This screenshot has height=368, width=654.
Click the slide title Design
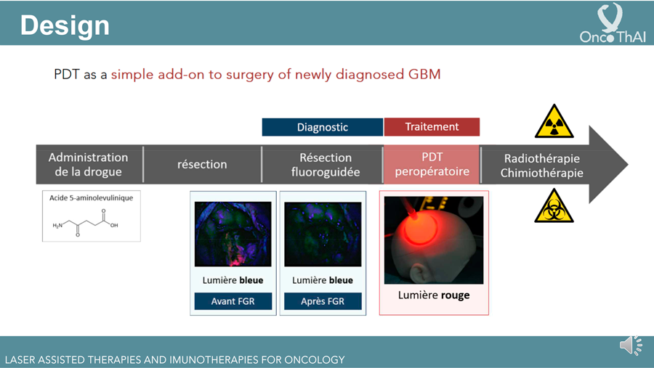[65, 25]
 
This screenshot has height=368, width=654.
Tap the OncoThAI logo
[613, 23]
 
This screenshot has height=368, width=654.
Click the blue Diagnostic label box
[323, 127]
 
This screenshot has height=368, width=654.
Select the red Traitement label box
[432, 127]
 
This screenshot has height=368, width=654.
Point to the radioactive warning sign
[554, 121]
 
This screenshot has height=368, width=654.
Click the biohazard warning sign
[554, 206]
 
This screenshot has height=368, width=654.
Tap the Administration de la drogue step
[89, 164]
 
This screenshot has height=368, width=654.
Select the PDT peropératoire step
[432, 164]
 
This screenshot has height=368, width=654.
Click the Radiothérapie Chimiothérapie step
[542, 165]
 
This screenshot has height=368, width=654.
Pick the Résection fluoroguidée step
[326, 165]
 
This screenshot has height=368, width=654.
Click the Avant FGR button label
[233, 301]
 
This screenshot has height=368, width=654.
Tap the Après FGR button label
[323, 301]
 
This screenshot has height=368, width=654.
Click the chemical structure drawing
[86, 223]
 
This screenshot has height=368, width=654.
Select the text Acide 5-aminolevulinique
[92, 198]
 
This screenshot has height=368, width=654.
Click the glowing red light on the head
[420, 226]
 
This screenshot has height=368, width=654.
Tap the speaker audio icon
[631, 345]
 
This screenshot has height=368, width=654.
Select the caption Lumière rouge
[434, 295]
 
